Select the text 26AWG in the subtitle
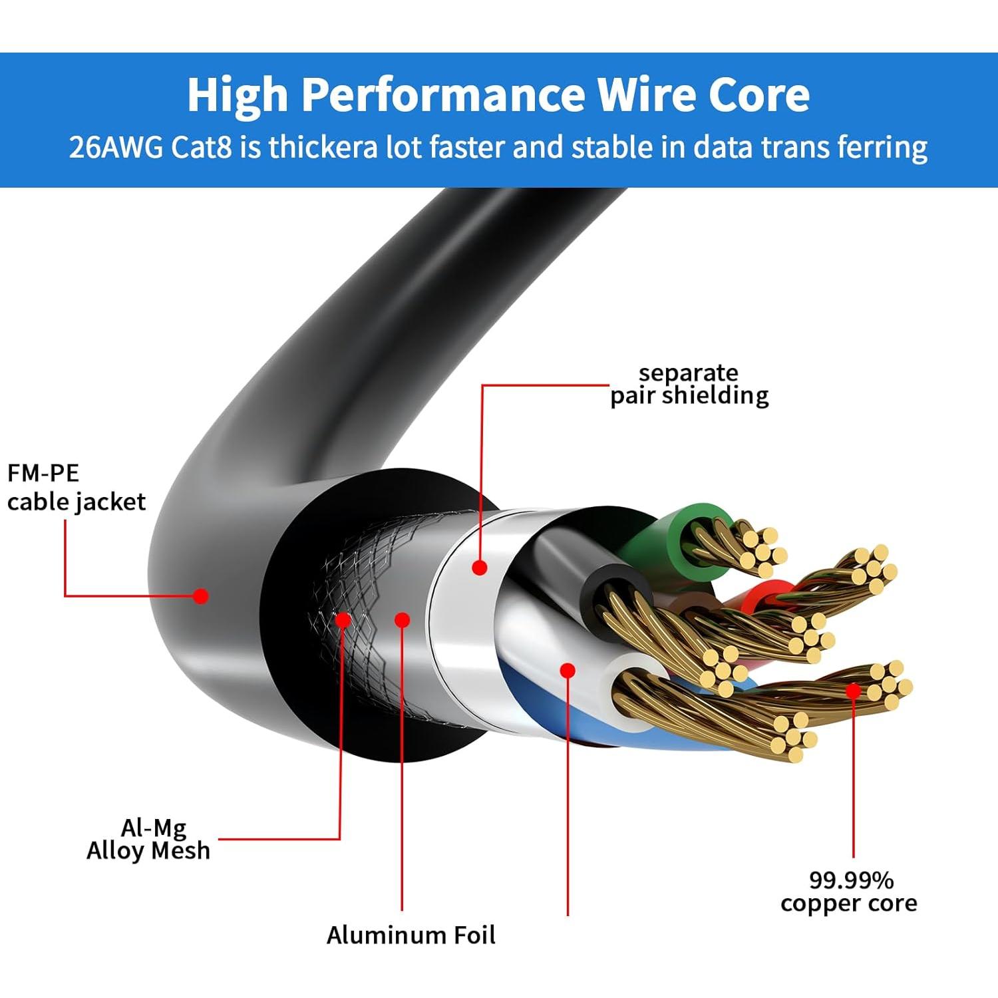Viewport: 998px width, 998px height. [116, 147]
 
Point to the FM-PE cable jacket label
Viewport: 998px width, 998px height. [76, 488]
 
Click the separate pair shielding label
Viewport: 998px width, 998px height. [689, 384]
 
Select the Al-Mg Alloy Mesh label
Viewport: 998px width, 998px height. [148, 839]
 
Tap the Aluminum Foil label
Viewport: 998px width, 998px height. [411, 935]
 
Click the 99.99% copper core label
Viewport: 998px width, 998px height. [849, 892]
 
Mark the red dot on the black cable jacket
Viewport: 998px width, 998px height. [200, 595]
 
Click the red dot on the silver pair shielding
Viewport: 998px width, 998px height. [480, 568]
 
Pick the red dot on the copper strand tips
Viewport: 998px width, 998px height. [853, 691]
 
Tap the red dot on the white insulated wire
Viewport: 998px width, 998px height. [568, 670]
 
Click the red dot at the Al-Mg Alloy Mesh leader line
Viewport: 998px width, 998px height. [343, 620]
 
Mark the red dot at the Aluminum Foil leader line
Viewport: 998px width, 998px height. [402, 620]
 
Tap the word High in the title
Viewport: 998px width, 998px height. [237, 95]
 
